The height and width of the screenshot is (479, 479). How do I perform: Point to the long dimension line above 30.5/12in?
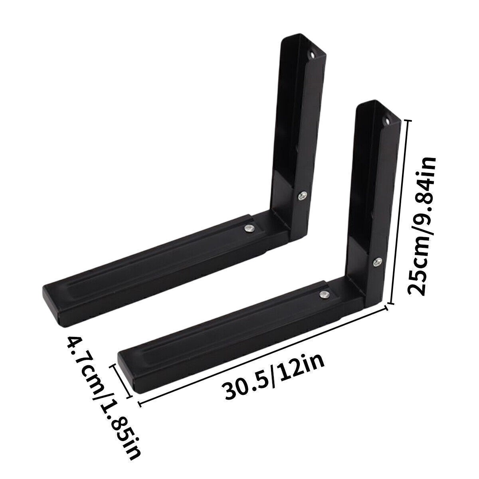coord(263,355)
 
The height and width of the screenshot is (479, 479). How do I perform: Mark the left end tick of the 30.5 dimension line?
coord(140,404)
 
